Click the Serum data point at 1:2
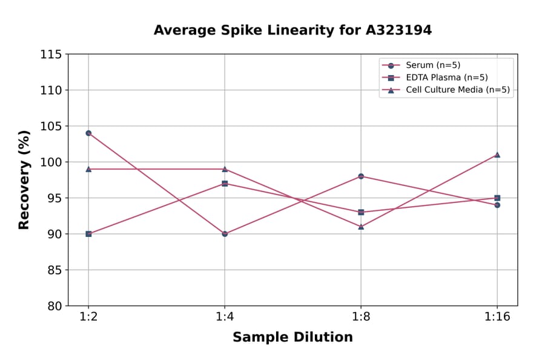(x=88, y=133)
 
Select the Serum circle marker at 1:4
(x=225, y=233)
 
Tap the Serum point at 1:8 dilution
(x=361, y=176)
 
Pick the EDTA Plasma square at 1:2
(x=88, y=233)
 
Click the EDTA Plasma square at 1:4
(x=225, y=183)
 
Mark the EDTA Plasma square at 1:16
(x=497, y=198)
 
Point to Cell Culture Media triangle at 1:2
(x=88, y=169)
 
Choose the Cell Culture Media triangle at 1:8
(x=361, y=227)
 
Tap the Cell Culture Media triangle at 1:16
(x=497, y=155)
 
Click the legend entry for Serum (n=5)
(x=429, y=65)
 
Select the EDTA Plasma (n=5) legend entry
(x=446, y=78)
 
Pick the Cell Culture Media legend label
(x=457, y=90)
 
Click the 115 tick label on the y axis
(x=51, y=55)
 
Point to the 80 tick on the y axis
(x=54, y=306)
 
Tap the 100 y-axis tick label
(x=51, y=162)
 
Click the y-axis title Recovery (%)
(x=24, y=180)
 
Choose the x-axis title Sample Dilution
(x=292, y=338)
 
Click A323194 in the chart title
(x=398, y=30)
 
